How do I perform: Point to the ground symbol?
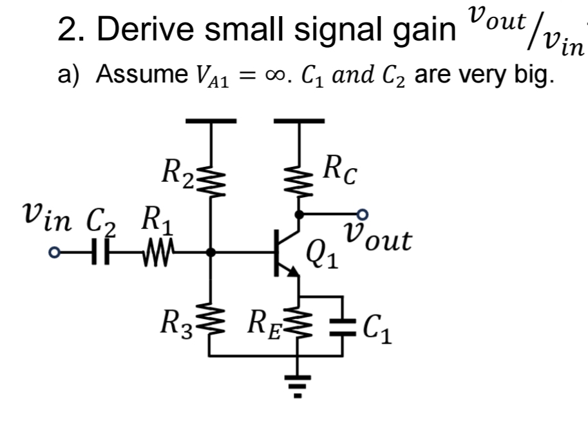[x=298, y=383]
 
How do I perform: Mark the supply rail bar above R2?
[x=211, y=120]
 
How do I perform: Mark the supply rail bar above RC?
[x=298, y=120]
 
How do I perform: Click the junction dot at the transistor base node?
[x=211, y=253]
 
